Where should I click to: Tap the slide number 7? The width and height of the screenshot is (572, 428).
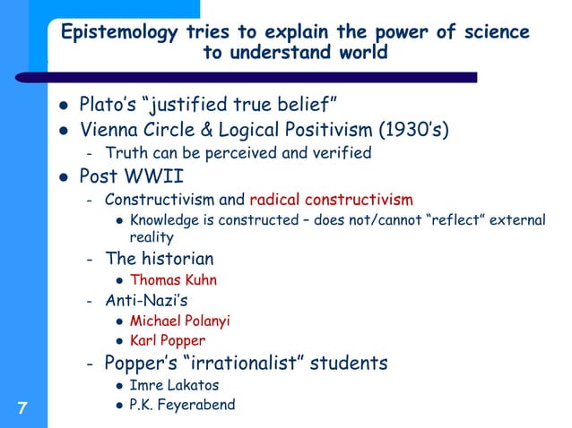[22, 409]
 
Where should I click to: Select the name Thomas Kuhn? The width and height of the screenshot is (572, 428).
[174, 279]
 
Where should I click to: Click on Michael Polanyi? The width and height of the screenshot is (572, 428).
[180, 321]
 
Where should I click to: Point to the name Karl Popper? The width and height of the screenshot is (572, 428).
[168, 340]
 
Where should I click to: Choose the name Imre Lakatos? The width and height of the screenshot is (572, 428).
[172, 385]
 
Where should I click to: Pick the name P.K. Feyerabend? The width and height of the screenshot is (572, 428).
[183, 405]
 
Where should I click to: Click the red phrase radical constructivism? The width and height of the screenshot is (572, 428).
[331, 199]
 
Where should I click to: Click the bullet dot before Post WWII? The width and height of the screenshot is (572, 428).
[63, 175]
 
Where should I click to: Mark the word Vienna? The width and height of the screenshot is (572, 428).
[110, 131]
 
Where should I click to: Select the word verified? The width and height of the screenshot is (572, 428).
[340, 153]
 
